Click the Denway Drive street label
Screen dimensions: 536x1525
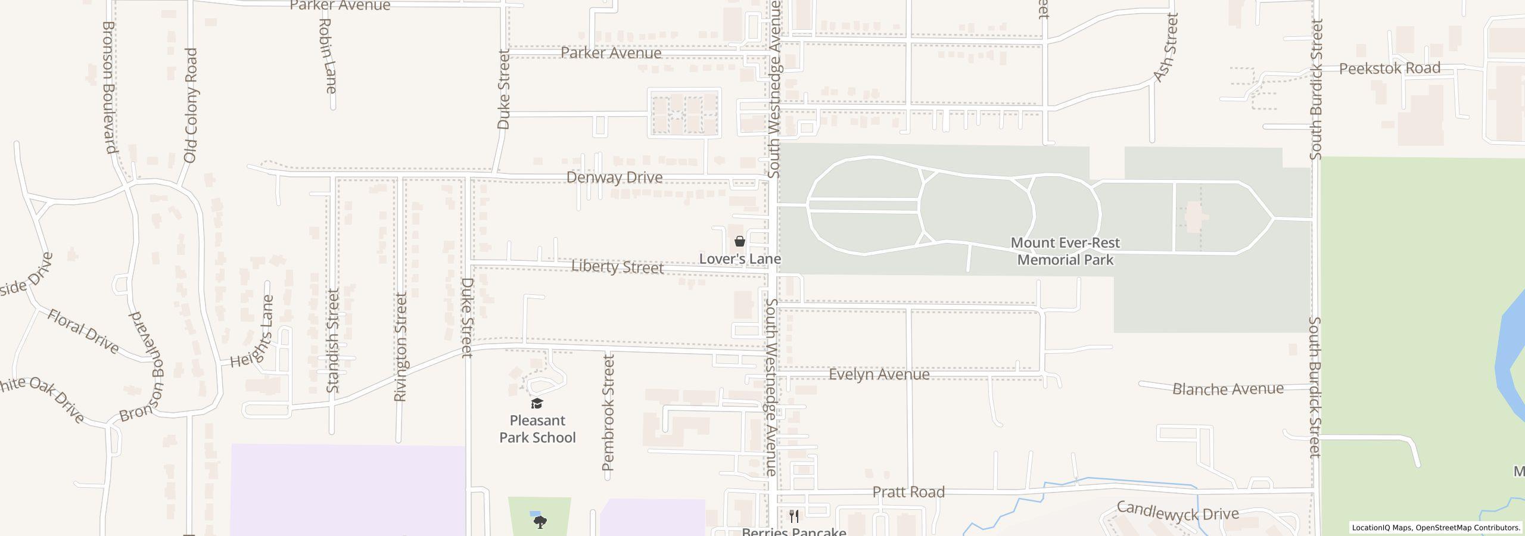614,177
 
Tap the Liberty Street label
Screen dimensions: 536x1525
617,267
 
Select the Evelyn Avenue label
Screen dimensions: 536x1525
879,374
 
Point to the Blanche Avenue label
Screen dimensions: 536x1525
1228,389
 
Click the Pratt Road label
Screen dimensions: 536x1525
908,492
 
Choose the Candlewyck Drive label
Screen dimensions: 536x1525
1177,512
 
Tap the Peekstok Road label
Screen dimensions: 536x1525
1389,68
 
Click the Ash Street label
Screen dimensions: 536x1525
1166,48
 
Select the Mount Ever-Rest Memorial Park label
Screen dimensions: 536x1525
1065,251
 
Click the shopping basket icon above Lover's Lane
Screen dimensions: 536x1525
739,241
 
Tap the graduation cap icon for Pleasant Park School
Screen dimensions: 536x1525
537,404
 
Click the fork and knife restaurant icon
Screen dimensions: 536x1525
794,516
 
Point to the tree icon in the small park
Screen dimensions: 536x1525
540,522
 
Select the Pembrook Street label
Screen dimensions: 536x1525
608,412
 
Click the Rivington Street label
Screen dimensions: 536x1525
401,347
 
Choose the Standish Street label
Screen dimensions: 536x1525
333,341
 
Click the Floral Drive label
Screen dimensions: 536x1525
83,331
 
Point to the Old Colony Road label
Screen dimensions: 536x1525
191,105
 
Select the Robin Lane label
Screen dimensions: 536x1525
327,56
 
